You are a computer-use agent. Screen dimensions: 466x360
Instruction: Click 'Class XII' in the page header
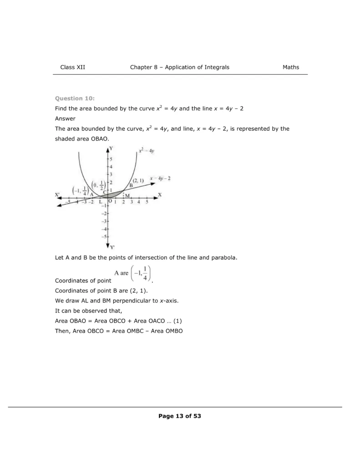point(72,67)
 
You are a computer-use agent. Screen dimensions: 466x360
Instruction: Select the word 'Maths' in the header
point(291,67)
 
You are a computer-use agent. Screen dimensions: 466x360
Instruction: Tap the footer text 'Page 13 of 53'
point(180,416)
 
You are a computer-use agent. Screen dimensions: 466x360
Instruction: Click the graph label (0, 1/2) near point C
point(97,185)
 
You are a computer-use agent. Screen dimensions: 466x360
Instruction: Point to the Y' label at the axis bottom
point(112,247)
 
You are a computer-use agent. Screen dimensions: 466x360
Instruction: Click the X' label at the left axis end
point(58,195)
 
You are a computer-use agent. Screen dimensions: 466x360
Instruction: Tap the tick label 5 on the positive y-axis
point(110,159)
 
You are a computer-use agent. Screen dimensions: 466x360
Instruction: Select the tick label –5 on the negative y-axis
point(104,237)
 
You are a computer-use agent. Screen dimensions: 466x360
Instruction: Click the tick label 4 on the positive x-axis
point(139,202)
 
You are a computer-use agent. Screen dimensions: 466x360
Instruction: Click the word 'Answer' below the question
point(65,119)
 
